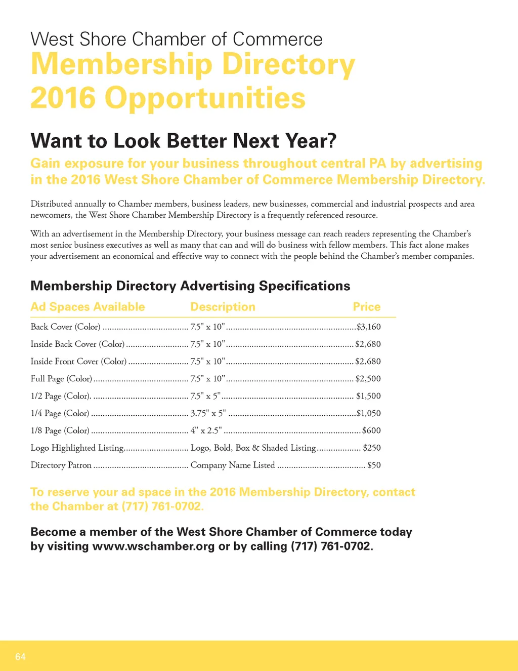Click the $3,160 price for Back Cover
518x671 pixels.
pyautogui.click(x=369, y=327)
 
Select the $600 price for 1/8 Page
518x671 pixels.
pyautogui.click(x=372, y=430)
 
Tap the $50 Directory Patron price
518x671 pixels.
pyautogui.click(x=374, y=465)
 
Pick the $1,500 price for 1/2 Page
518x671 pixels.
pyautogui.click(x=369, y=396)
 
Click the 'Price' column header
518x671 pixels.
pyautogui.click(x=367, y=307)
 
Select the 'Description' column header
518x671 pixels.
pyautogui.click(x=223, y=307)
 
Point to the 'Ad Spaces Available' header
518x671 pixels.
pyautogui.click(x=88, y=307)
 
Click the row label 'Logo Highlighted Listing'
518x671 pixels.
pyautogui.click(x=77, y=448)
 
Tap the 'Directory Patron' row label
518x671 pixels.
pyautogui.click(x=61, y=465)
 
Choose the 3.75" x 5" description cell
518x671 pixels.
pyautogui.click(x=208, y=413)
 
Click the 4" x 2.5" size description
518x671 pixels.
pyautogui.click(x=206, y=430)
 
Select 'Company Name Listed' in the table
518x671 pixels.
pyautogui.click(x=233, y=465)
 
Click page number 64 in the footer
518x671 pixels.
pyautogui.click(x=20, y=657)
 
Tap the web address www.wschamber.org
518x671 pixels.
pyautogui.click(x=153, y=546)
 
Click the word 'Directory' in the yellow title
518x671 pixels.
pyautogui.click(x=289, y=64)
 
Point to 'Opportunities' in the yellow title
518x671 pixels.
pyautogui.click(x=205, y=98)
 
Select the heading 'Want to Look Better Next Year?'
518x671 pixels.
pyautogui.click(x=184, y=141)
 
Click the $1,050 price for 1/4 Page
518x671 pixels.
pyautogui.click(x=369, y=413)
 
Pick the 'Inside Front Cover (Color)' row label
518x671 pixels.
pyautogui.click(x=78, y=361)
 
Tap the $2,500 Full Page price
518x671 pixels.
pyautogui.click(x=368, y=379)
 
